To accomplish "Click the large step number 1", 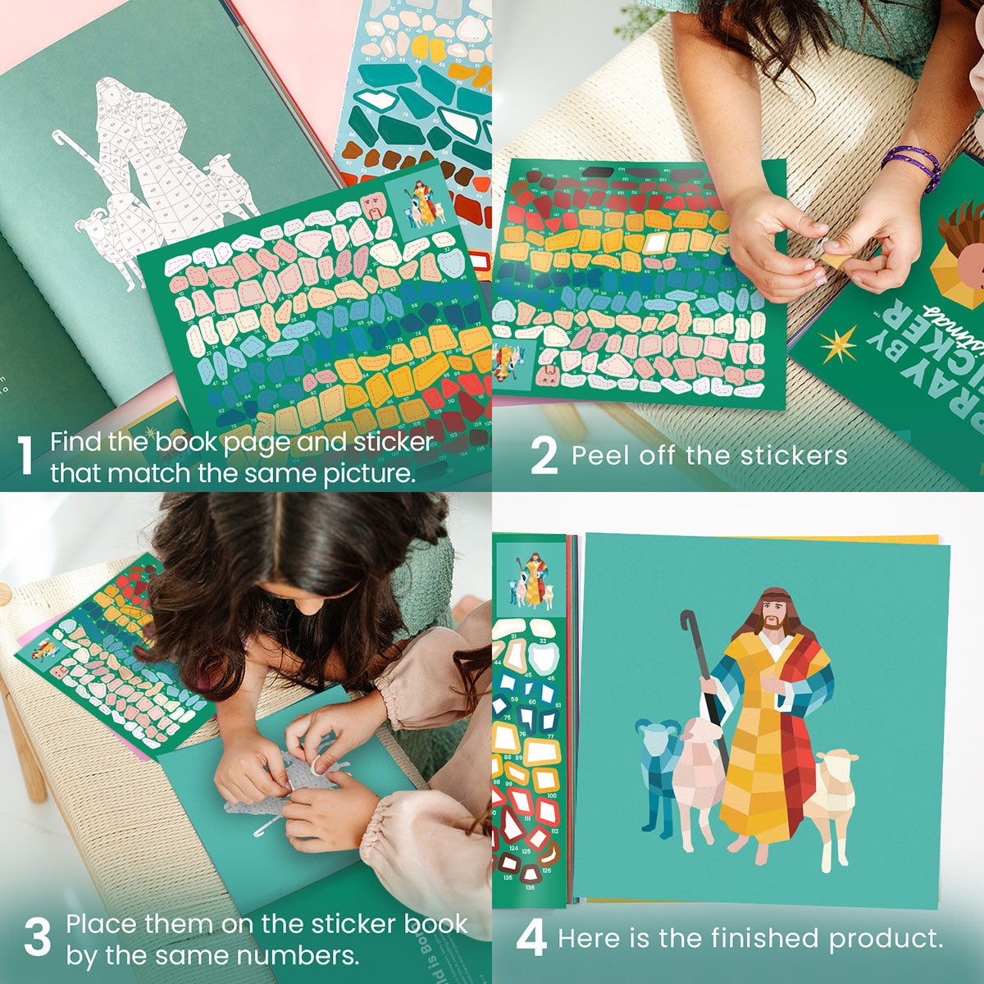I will coord(26,456).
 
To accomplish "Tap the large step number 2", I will coord(543,456).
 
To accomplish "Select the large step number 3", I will coord(37,938).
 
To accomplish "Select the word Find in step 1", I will coord(76,442).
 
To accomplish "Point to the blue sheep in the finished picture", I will coord(658,767).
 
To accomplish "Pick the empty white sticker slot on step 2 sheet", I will coord(656,244).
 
